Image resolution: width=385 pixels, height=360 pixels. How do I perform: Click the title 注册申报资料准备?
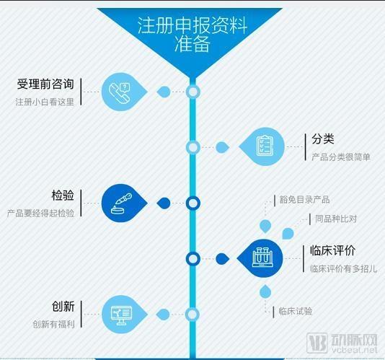[x=192, y=35]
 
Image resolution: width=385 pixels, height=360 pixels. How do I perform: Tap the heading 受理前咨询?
[x=45, y=84]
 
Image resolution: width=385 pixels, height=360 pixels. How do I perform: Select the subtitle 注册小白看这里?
[x=45, y=102]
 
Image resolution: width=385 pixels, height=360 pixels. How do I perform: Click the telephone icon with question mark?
[x=120, y=92]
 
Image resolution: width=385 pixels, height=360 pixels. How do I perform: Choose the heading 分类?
[x=323, y=139]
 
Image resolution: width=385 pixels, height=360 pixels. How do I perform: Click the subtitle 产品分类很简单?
[x=341, y=157]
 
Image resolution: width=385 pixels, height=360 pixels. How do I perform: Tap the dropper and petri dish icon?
[x=121, y=203]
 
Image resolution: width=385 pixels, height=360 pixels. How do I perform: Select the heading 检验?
[x=63, y=196]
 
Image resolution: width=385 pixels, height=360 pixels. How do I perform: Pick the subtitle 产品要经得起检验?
[x=40, y=214]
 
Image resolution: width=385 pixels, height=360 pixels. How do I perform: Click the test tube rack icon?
[x=262, y=258]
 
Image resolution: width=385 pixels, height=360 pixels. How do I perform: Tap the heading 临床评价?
[x=332, y=250]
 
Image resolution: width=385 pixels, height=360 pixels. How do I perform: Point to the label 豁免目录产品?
[x=304, y=200]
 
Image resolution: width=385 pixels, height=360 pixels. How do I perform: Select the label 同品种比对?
[x=336, y=219]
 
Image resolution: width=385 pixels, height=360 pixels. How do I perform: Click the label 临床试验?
[x=296, y=311]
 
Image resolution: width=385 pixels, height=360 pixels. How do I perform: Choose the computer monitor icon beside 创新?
[x=120, y=315]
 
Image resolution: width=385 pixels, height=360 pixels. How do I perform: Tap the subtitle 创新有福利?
[x=53, y=325]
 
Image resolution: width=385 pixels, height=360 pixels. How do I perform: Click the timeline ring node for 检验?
[x=193, y=203]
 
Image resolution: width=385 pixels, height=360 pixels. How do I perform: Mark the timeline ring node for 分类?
[x=193, y=147]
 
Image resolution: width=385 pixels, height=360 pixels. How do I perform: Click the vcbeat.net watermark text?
[x=355, y=350]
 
